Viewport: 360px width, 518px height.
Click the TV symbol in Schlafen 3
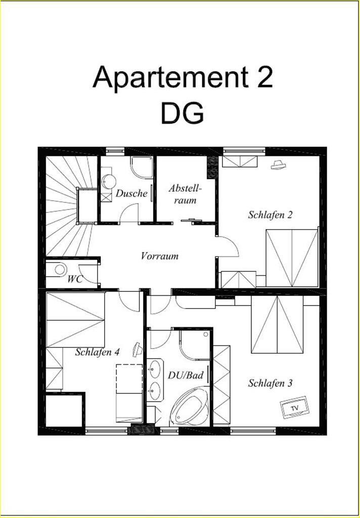pyautogui.click(x=295, y=407)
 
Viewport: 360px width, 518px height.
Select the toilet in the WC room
pyautogui.click(x=60, y=269)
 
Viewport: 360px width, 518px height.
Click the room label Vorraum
pyautogui.click(x=160, y=256)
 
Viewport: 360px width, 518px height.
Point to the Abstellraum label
pyautogui.click(x=185, y=194)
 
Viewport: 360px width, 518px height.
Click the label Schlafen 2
pyautogui.click(x=270, y=215)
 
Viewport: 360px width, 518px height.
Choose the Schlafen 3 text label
pyautogui.click(x=270, y=383)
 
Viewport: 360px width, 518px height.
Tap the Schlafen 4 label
pyautogui.click(x=97, y=352)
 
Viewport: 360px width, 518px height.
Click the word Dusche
pyautogui.click(x=131, y=193)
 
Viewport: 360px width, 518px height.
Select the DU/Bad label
pyautogui.click(x=185, y=375)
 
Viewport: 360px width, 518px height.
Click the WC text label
pyautogui.click(x=75, y=279)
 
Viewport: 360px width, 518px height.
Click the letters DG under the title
pyautogui.click(x=183, y=113)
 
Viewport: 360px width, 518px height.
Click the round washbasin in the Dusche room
pyautogui.click(x=109, y=181)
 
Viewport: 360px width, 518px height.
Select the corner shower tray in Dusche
pyautogui.click(x=142, y=167)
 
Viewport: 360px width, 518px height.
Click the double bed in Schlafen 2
pyautogui.click(x=292, y=258)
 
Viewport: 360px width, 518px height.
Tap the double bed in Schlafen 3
pyautogui.click(x=277, y=324)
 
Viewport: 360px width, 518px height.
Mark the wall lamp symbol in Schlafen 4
pyautogui.click(x=138, y=350)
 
